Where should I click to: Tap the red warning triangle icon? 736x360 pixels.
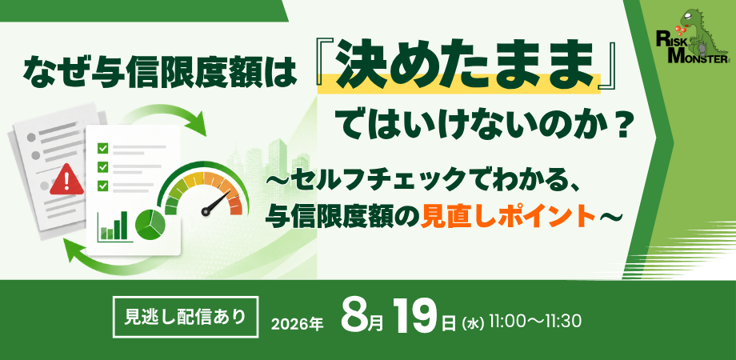67,180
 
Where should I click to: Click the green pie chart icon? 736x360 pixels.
150,224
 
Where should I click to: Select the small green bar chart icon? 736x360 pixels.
113,226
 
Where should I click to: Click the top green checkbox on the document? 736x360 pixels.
102,149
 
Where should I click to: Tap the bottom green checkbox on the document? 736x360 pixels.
102,186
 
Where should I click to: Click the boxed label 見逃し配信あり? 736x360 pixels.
186,317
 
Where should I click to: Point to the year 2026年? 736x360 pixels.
298,324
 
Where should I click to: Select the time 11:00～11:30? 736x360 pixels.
535,322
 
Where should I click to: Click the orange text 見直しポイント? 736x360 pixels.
509,216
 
